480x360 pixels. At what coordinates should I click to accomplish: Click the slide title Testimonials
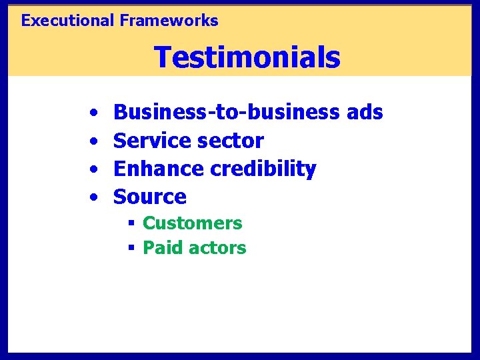(247, 57)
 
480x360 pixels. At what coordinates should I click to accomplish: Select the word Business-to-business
(227, 113)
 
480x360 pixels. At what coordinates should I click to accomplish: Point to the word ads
(365, 113)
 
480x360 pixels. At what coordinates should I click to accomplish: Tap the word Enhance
(159, 169)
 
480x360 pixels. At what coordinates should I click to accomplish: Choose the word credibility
(263, 169)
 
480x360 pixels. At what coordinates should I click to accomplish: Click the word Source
(150, 197)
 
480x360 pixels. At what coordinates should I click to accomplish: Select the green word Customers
(192, 223)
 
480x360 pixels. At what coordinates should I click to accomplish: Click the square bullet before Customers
(132, 223)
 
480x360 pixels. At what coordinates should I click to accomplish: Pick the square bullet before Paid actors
(132, 249)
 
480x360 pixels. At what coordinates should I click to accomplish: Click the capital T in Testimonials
(163, 57)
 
